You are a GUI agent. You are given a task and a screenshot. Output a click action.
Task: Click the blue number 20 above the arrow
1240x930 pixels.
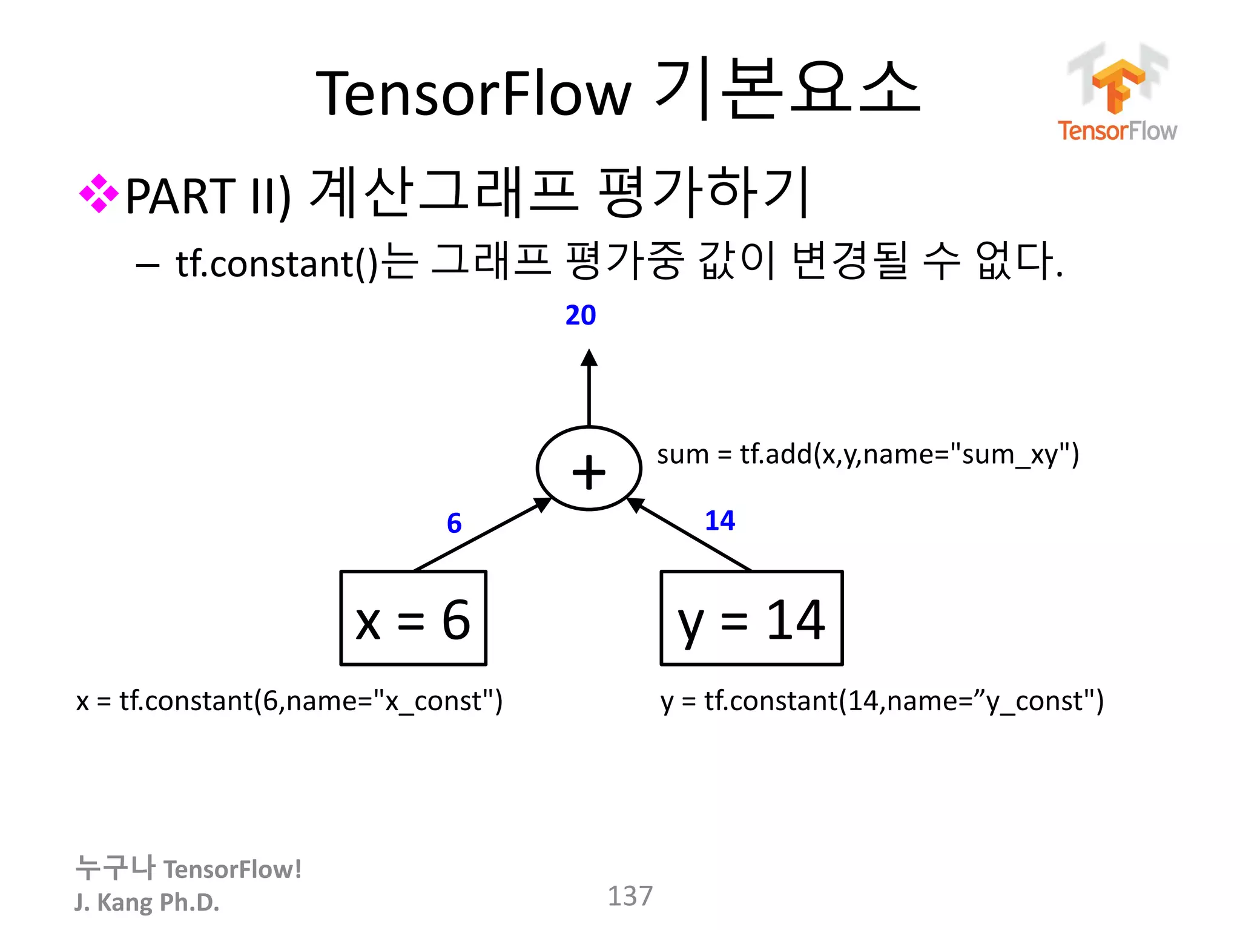[x=580, y=315]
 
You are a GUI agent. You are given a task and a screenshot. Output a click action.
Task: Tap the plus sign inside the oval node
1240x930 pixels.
[x=589, y=472]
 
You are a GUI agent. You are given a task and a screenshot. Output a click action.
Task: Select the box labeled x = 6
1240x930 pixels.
[x=413, y=618]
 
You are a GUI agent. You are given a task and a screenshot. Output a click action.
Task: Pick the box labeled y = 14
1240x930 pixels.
[x=751, y=618]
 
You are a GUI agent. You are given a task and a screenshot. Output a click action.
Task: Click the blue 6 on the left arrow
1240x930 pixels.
[x=454, y=523]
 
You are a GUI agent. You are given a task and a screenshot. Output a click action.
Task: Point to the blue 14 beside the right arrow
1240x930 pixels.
[x=719, y=521]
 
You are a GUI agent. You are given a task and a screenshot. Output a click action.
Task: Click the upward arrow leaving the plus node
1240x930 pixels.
[x=589, y=387]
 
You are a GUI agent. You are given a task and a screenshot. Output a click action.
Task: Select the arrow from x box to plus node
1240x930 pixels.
[x=481, y=535]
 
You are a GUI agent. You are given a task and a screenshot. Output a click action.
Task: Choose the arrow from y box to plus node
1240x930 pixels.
[x=690, y=535]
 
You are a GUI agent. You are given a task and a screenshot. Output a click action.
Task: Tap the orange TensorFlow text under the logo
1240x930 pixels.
[x=1117, y=131]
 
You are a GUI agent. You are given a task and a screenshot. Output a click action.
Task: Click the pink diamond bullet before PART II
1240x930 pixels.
[x=99, y=194]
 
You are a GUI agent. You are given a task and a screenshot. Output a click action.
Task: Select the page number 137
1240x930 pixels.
[x=630, y=896]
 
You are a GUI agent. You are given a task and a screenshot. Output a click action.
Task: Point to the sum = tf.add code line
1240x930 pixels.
[x=867, y=454]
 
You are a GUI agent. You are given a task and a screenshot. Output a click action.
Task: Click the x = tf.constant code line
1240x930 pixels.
[x=289, y=701]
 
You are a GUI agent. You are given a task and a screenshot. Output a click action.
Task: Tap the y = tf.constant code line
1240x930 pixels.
[x=882, y=701]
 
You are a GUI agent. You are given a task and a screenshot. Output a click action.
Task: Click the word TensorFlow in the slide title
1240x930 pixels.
[x=473, y=94]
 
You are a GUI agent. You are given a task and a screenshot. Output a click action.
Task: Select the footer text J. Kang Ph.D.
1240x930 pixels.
[x=147, y=902]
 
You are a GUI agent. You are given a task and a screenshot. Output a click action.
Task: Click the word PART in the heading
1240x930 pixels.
[x=180, y=197]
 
